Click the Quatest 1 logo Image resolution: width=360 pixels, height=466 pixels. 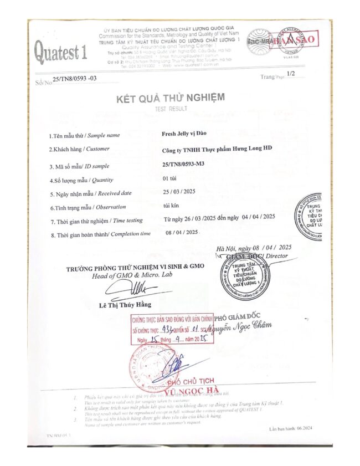coord(61,53)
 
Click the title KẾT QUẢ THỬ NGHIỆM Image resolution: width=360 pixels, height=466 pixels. coord(170,99)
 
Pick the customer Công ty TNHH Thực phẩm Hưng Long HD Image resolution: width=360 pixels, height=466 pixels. coord(217,150)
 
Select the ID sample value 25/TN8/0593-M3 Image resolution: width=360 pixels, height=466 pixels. coord(184,165)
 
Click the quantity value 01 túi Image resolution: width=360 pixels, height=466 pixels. coord(170,178)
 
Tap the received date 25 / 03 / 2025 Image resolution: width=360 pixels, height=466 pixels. coord(180,192)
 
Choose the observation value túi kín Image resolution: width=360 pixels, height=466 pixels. coord(171,206)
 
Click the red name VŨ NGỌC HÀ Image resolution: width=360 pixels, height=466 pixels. coord(175,391)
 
